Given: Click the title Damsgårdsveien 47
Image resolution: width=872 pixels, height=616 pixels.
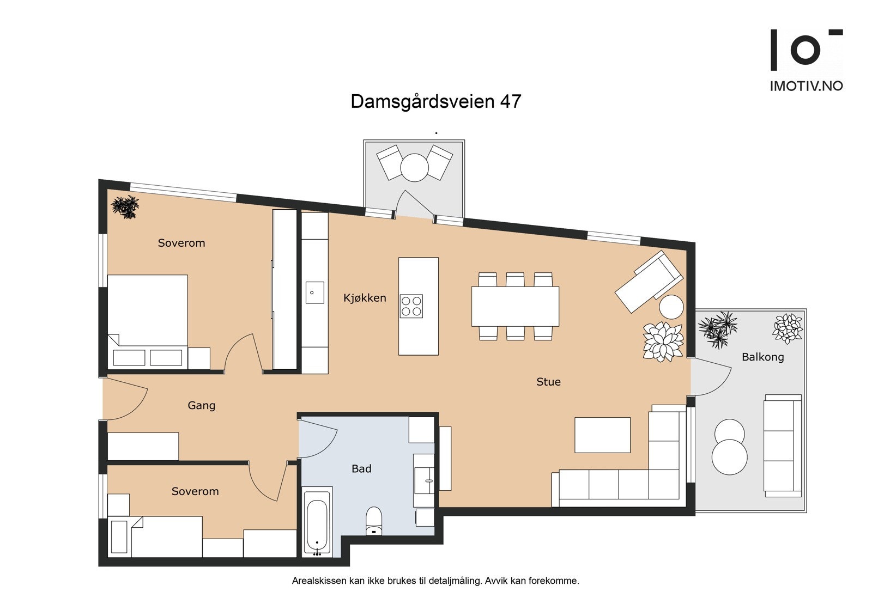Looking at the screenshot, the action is point(435,102).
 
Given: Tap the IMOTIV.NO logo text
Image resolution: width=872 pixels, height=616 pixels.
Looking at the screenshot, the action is point(807,86).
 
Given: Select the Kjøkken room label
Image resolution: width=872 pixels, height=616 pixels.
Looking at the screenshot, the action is point(365,298).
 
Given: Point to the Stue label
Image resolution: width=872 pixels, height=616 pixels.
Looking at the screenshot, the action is point(548,382).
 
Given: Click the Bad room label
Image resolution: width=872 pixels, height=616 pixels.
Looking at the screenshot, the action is point(361,469).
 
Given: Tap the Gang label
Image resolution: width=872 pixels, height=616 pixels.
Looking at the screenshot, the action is point(201,406).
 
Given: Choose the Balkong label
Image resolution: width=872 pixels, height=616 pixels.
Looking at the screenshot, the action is point(762,357).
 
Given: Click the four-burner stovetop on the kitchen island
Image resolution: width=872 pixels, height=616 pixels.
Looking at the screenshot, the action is point(411,306).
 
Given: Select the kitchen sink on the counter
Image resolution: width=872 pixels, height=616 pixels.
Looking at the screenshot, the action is point(314,292).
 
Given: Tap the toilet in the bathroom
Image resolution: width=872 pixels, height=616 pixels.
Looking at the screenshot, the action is point(374,521).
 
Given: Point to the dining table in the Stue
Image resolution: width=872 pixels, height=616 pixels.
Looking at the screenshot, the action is point(515,306).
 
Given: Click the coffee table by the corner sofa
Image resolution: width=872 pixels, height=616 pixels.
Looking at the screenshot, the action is point(602,435).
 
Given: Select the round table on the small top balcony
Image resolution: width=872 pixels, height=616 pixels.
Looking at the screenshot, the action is point(414,168).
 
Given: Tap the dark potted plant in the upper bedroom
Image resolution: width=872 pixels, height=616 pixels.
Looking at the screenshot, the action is point(125,206).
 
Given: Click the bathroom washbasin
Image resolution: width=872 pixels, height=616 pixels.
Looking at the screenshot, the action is point(424,480).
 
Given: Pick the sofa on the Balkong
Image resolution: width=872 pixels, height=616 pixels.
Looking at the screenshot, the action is point(783,446).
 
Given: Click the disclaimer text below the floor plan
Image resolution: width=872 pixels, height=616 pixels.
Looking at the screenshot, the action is point(435,581).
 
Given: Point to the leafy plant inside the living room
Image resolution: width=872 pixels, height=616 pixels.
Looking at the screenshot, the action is point(663,341).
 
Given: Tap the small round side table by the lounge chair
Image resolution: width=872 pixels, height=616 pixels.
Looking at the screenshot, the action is point(671,307).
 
